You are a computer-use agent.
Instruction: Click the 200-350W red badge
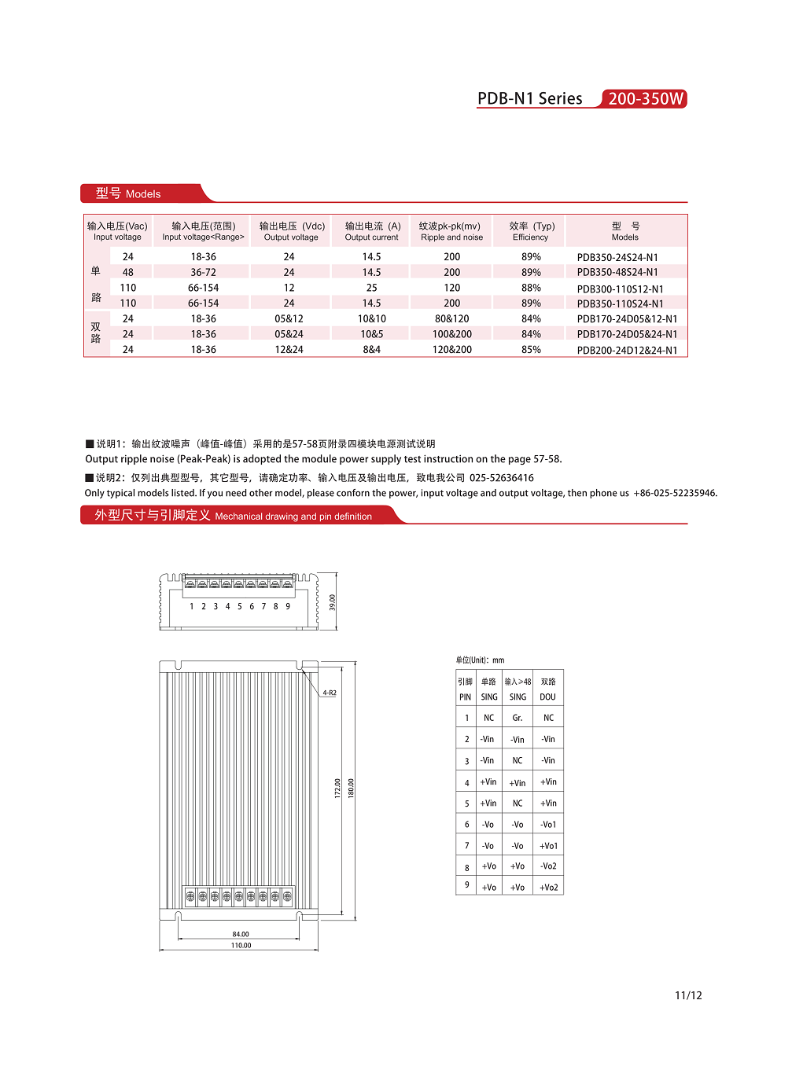tap(645, 99)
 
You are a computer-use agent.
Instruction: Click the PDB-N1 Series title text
tap(529, 99)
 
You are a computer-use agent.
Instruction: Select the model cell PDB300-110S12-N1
tap(620, 289)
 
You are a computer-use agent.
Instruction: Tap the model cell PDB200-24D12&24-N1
tap(627, 350)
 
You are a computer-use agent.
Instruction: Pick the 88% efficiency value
tap(531, 288)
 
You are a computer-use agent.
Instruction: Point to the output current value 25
tap(371, 288)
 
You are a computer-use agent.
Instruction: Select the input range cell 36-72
tap(203, 272)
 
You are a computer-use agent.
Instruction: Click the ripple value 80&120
tap(451, 318)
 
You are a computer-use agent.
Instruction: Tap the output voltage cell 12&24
tap(289, 350)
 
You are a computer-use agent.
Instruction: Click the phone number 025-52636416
tap(501, 478)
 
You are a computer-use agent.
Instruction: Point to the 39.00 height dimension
tap(332, 602)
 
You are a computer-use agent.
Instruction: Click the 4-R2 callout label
tap(330, 693)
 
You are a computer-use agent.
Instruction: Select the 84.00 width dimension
tap(241, 934)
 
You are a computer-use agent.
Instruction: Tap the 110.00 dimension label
tap(241, 945)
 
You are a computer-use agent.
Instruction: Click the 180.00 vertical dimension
tap(351, 788)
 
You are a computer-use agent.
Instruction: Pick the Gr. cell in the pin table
tap(518, 718)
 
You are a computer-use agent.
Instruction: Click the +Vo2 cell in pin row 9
tap(549, 888)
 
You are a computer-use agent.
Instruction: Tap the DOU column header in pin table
tap(548, 697)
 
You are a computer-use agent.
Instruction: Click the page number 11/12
tap(688, 995)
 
